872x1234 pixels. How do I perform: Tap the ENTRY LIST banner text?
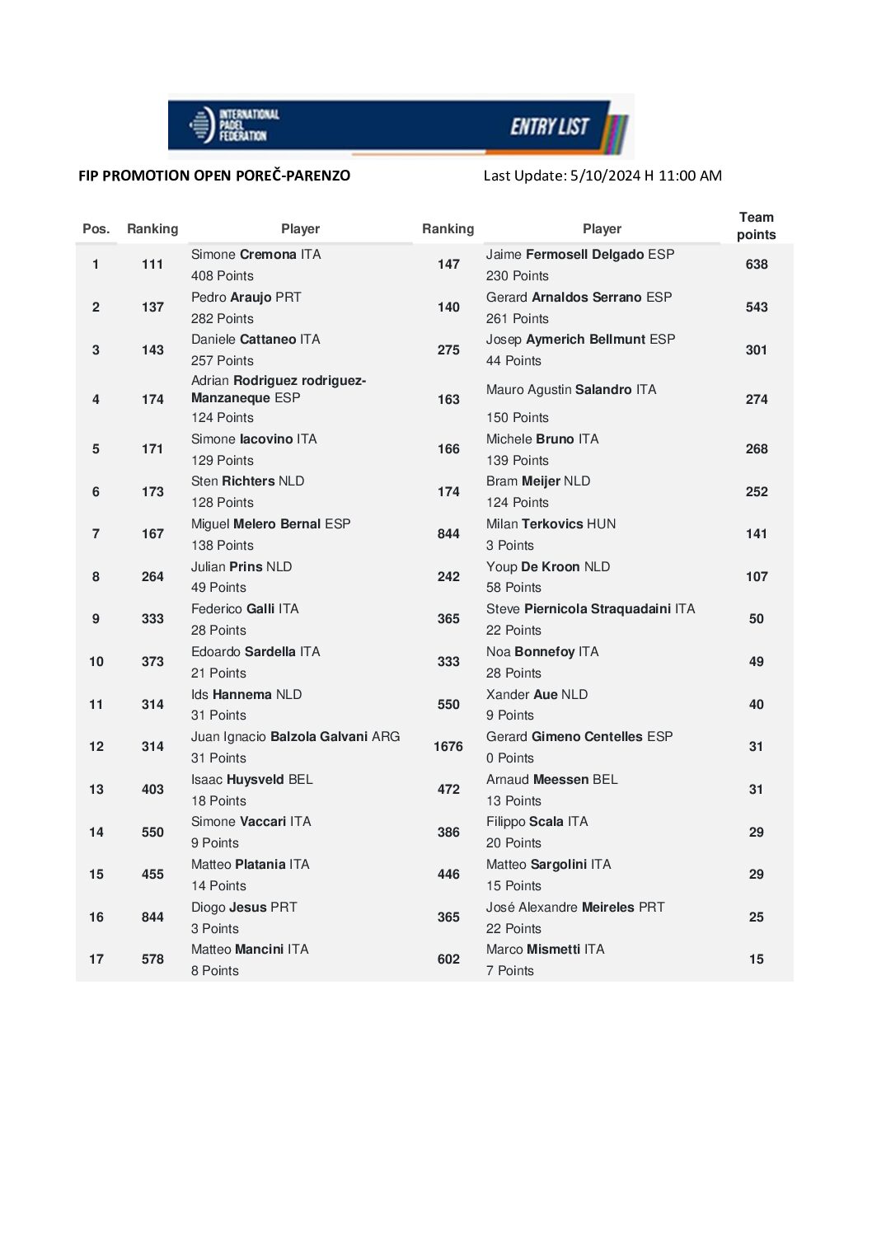point(550,127)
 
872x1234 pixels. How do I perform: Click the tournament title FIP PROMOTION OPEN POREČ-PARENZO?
point(214,176)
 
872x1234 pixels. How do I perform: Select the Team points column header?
point(756,226)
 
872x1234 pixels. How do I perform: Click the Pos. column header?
point(96,229)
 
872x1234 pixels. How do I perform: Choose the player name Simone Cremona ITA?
point(256,255)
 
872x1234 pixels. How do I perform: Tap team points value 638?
point(756,265)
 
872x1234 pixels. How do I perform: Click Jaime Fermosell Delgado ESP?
point(579,255)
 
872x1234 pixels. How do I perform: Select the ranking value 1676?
point(448,747)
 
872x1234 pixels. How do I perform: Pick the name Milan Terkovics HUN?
point(551,524)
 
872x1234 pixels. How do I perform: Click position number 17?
point(96,960)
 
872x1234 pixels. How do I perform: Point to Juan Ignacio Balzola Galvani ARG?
point(295,737)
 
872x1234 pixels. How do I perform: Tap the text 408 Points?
point(223,276)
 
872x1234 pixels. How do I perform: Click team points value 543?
point(756,307)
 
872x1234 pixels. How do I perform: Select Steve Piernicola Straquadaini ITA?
point(590,609)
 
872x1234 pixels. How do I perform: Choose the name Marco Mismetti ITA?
point(545,950)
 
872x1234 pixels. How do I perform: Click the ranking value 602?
point(448,960)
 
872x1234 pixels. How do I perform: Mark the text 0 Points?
point(509,758)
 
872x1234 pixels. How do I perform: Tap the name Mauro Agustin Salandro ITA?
point(571,390)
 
